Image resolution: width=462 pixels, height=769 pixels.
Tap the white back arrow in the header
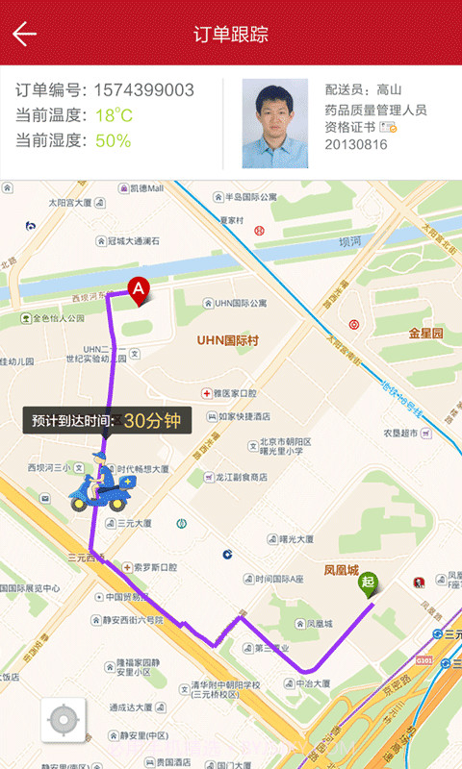pyautogui.click(x=25, y=35)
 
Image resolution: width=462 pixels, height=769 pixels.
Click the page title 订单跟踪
pyautogui.click(x=231, y=35)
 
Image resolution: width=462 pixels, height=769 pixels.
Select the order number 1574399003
pyautogui.click(x=143, y=91)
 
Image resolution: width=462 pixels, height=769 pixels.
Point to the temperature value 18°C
pyautogui.click(x=114, y=116)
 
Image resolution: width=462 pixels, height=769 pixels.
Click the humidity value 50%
pyautogui.click(x=113, y=141)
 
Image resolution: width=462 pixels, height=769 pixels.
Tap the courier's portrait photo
pyautogui.click(x=274, y=123)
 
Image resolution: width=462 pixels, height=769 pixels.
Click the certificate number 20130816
pyautogui.click(x=356, y=144)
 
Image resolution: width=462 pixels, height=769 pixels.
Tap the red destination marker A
pyautogui.click(x=139, y=289)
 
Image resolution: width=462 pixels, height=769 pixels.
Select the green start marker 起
pyautogui.click(x=367, y=583)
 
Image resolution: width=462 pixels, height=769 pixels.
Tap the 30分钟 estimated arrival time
pyautogui.click(x=152, y=420)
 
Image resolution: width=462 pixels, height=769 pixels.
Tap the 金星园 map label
pyautogui.click(x=425, y=334)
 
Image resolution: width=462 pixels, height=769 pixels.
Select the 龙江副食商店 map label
pyautogui.click(x=241, y=477)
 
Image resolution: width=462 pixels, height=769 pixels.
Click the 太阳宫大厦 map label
pyautogui.click(x=69, y=204)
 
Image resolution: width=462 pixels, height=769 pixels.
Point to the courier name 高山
pyautogui.click(x=389, y=89)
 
